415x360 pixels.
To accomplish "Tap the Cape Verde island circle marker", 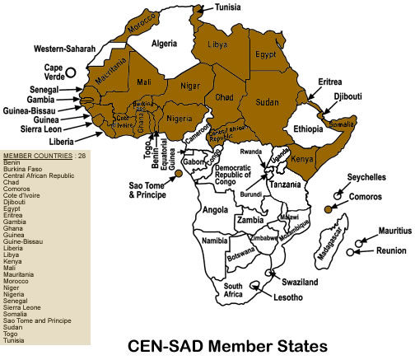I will click(x=72, y=72).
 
